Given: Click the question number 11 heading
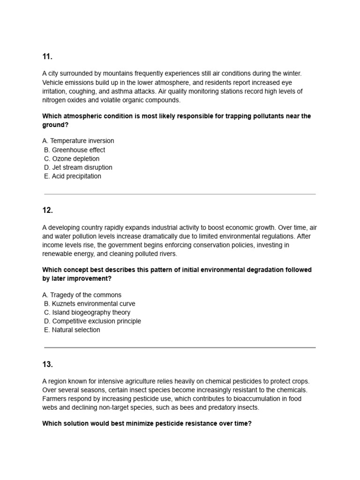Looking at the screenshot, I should point(47,57).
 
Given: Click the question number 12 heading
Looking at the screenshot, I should point(47,210).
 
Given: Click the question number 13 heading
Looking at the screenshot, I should point(47,364).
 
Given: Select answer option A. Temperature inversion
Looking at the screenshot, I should point(78,141).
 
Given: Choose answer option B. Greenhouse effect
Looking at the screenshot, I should point(75,150).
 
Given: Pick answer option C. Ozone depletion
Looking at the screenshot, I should point(72,159).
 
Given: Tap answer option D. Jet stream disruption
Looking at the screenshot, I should point(78,167).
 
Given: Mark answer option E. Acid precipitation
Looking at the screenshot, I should point(72,176).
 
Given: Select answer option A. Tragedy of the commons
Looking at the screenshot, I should point(82,295).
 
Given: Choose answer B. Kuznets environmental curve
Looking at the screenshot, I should point(90,304).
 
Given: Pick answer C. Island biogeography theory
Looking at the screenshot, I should point(87,312).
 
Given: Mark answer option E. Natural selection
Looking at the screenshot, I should point(72,330).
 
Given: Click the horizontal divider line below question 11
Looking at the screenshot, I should point(180,194).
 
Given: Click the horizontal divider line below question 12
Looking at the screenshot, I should point(180,347).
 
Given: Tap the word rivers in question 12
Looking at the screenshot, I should point(167,254).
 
